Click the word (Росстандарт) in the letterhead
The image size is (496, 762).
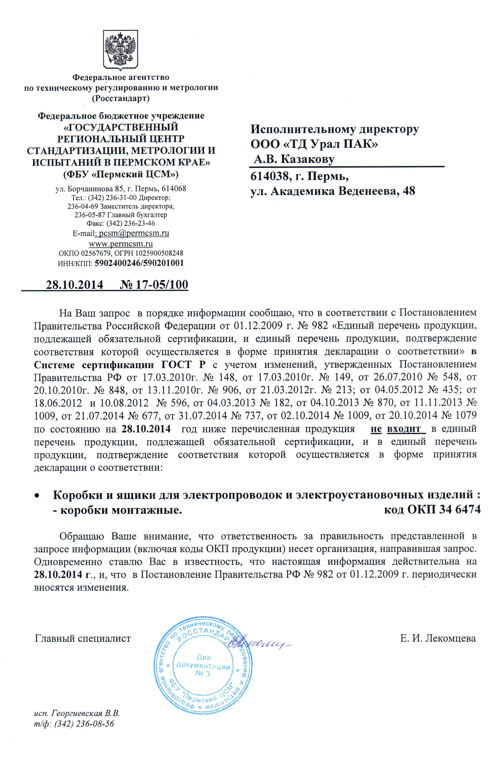(x=121, y=98)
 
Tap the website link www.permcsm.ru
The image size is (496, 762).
(x=121, y=243)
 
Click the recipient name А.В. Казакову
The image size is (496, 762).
(x=294, y=159)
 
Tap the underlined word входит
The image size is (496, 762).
(x=404, y=428)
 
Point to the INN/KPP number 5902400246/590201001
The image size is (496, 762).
(x=139, y=263)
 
